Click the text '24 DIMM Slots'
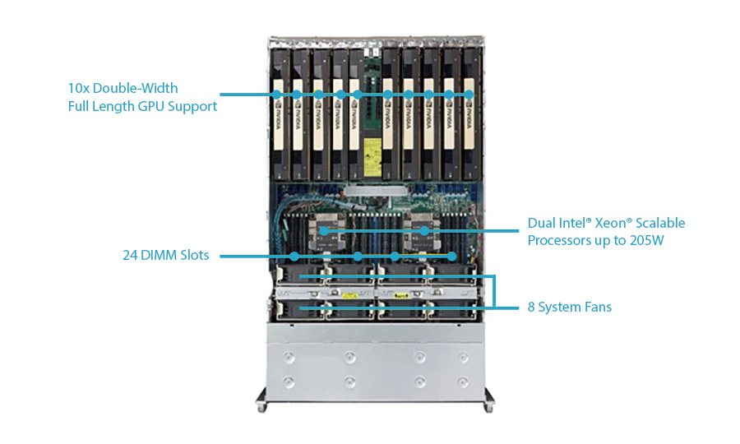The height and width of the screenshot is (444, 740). pyautogui.click(x=165, y=256)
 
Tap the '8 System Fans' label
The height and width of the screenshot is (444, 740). pyautogui.click(x=569, y=308)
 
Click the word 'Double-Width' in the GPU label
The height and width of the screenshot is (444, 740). pyautogui.click(x=135, y=88)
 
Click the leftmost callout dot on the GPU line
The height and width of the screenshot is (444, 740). pyautogui.click(x=276, y=95)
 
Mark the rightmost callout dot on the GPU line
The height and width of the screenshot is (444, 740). pyautogui.click(x=469, y=95)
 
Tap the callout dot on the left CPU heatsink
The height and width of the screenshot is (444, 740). pyautogui.click(x=324, y=231)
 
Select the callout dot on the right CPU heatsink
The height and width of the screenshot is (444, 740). pyautogui.click(x=424, y=231)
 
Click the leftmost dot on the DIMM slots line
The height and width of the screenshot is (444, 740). pyautogui.click(x=295, y=256)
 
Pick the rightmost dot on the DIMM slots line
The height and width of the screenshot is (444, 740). pyautogui.click(x=451, y=256)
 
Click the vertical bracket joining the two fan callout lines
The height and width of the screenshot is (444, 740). pyautogui.click(x=494, y=291)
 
